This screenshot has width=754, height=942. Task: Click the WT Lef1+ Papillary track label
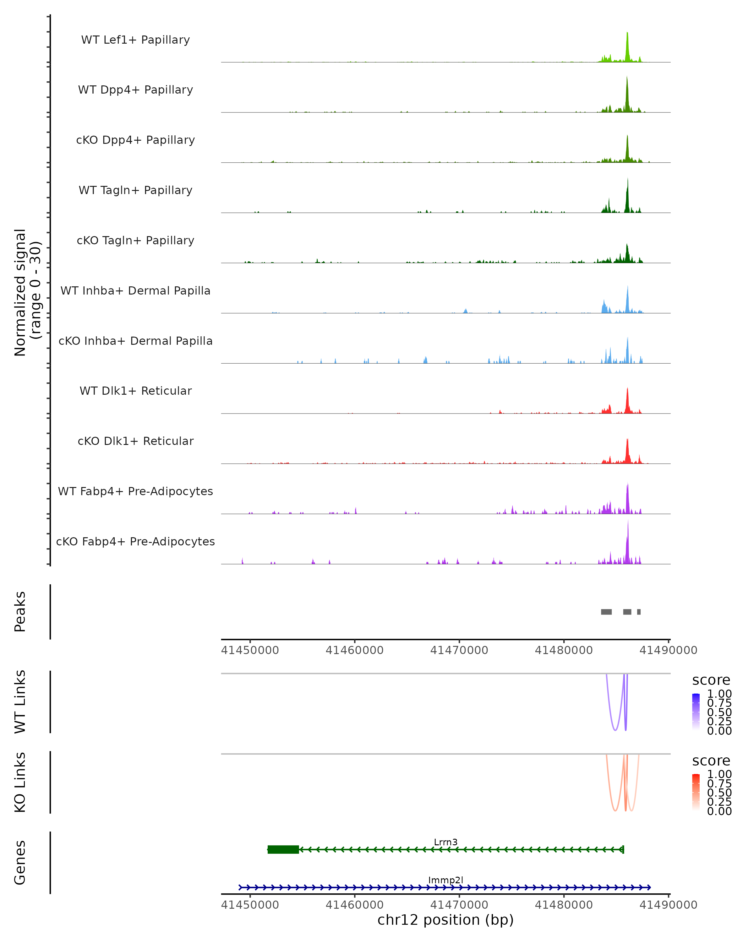[135, 40]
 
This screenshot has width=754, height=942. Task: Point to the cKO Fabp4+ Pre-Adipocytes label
[135, 541]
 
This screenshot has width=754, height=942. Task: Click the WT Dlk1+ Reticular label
[135, 391]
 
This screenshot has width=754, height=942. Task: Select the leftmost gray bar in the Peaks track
[606, 612]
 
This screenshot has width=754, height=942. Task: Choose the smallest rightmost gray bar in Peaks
[639, 612]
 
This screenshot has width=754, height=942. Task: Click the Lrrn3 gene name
[445, 842]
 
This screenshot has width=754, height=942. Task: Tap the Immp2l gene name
[445, 880]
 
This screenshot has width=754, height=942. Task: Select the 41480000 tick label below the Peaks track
[564, 650]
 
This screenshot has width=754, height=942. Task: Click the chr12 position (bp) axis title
[445, 920]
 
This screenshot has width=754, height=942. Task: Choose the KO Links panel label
[20, 782]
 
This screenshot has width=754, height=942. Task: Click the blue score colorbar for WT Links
[696, 712]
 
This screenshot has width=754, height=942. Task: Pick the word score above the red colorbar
[711, 761]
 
